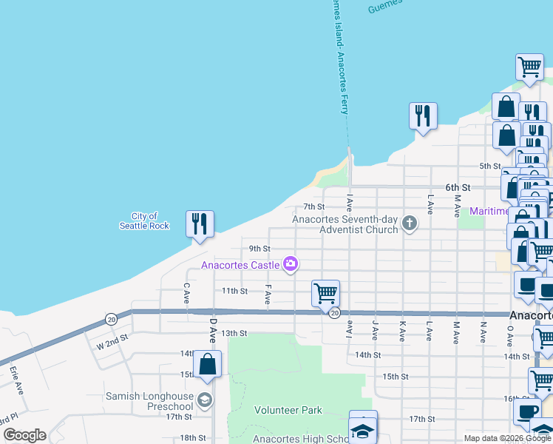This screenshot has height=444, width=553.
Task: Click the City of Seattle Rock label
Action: click(x=144, y=221)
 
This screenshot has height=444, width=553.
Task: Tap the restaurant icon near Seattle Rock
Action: click(x=200, y=223)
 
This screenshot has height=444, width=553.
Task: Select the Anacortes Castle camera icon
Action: click(x=291, y=263)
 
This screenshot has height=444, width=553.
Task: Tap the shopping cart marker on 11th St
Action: click(x=325, y=293)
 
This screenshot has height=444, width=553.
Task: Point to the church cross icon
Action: click(x=408, y=223)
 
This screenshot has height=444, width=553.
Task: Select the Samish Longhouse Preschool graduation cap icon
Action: click(x=205, y=400)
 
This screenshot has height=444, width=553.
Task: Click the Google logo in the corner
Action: click(x=24, y=435)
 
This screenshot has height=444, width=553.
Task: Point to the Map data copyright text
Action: click(x=508, y=438)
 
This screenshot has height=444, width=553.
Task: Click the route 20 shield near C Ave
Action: click(x=111, y=319)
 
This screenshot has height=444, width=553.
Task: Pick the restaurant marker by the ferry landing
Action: click(x=423, y=116)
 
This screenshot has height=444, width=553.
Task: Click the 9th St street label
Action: click(x=259, y=249)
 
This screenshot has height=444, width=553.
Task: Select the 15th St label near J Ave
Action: click(x=396, y=376)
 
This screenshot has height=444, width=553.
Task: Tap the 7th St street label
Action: click(x=314, y=206)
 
